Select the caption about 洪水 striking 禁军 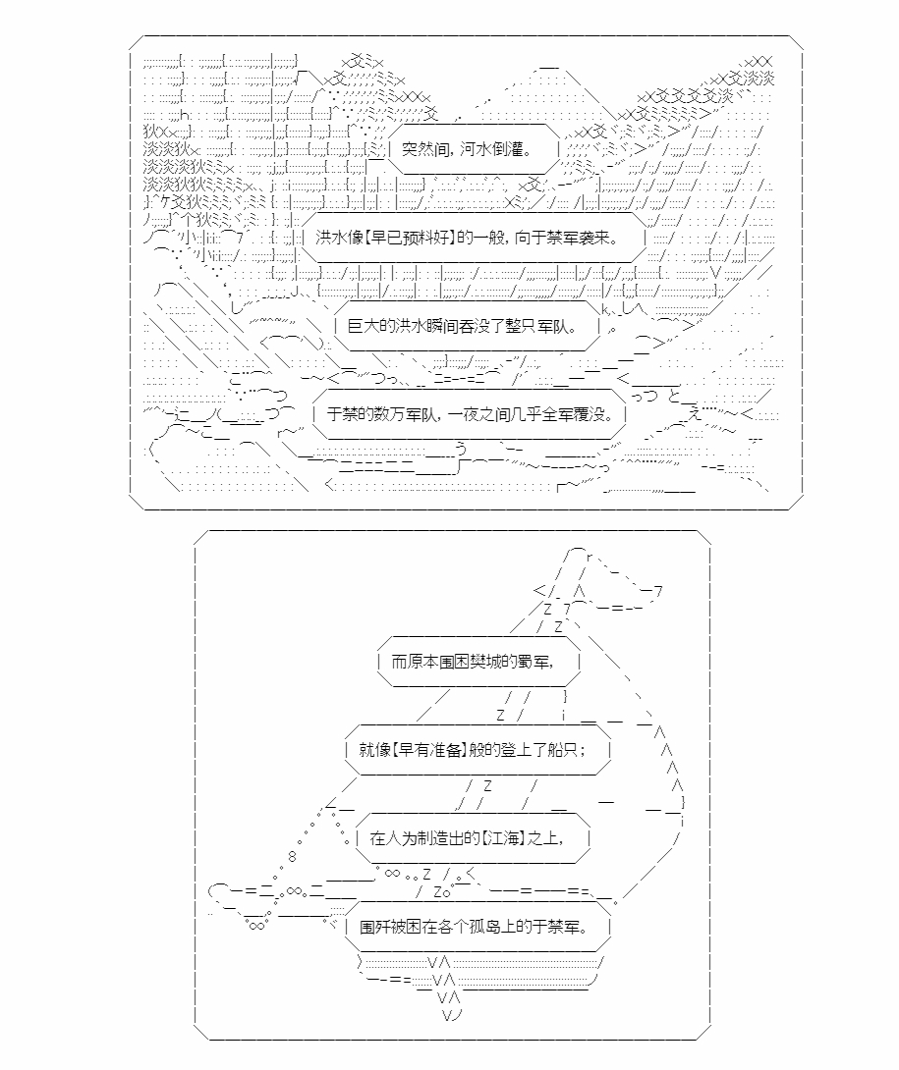(x=468, y=238)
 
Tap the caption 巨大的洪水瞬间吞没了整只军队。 (x=463, y=326)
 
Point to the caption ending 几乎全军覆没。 (x=470, y=413)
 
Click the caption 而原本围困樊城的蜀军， (x=473, y=662)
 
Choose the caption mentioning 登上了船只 (x=473, y=749)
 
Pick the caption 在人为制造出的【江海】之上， (x=468, y=838)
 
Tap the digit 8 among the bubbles (x=293, y=857)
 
